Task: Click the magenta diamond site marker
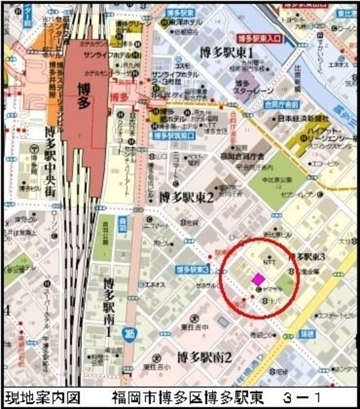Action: pos(258,279)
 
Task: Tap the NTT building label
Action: pos(267,262)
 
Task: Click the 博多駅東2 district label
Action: pos(188,197)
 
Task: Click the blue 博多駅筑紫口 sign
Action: pos(174,135)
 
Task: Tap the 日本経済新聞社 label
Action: pos(303,119)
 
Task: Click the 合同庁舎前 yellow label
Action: pos(283,104)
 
